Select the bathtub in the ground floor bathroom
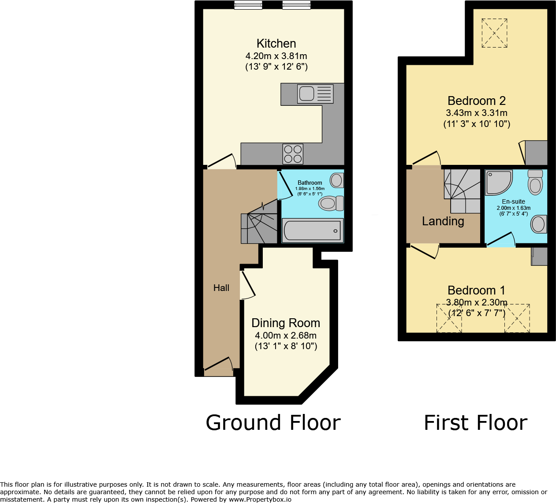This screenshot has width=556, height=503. (312, 231)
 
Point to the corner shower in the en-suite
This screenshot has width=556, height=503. (498, 183)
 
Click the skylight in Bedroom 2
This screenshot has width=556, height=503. (494, 33)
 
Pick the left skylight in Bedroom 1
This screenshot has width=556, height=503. (449, 318)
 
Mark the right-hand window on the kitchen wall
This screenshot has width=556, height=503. (296, 5)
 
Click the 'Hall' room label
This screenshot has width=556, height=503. (221, 288)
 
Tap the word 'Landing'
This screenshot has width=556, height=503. (443, 221)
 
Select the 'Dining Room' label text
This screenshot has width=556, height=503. (286, 323)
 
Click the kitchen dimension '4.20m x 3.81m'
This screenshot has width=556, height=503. (276, 56)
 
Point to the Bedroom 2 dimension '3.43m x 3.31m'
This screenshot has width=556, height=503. (477, 113)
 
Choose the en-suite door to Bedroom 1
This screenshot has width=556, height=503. (501, 240)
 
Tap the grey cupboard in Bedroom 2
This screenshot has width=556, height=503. (536, 153)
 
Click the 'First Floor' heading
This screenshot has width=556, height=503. (475, 423)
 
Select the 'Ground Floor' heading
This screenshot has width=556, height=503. (273, 423)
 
